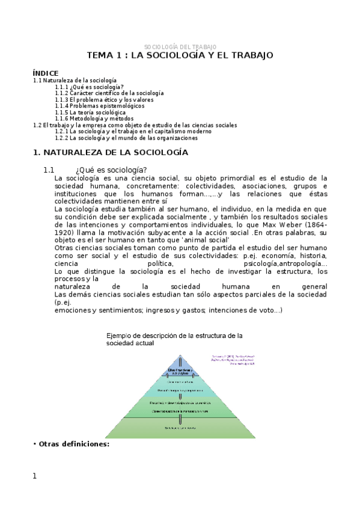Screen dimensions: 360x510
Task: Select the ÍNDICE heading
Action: (46, 73)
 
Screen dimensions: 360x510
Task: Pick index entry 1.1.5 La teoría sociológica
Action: (90, 112)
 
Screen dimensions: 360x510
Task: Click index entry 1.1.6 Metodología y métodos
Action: (94, 118)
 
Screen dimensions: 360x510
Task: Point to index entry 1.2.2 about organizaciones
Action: (126, 138)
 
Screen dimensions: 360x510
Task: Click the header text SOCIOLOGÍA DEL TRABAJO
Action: (180, 47)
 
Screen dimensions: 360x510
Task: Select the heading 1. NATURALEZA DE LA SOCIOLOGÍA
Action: (110, 153)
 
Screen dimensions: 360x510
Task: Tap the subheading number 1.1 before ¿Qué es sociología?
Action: (49, 170)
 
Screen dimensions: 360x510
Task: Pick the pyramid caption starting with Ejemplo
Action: (174, 339)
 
